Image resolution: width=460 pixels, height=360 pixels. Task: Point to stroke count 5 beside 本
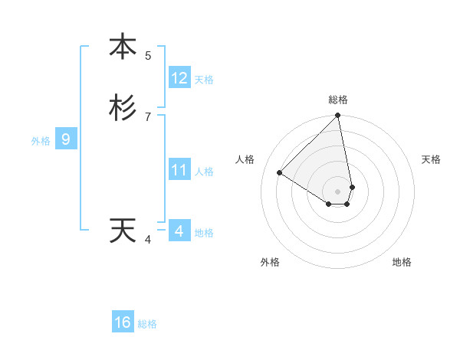point(148,55)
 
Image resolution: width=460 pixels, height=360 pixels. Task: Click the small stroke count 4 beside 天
point(148,240)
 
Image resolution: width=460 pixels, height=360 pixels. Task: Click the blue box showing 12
point(179,78)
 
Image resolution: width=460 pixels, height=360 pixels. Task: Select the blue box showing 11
point(179,170)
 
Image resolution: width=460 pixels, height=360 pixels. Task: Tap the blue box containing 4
point(179,231)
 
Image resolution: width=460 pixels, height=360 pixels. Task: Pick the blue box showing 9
point(66,139)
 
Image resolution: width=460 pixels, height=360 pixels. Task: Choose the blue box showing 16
point(123,322)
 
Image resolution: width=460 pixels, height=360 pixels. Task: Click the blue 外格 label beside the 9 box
point(41,141)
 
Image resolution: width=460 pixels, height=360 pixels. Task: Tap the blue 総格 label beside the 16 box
point(147,324)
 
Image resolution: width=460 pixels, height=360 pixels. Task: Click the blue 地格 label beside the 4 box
point(204,233)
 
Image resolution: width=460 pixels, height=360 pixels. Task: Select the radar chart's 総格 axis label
point(338,100)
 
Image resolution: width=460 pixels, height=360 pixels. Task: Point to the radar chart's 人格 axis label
point(245,159)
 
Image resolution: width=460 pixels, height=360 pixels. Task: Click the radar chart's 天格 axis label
point(431,159)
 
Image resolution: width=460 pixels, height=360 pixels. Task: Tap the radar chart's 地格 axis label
point(402,262)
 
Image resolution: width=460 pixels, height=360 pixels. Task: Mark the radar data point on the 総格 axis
point(338,116)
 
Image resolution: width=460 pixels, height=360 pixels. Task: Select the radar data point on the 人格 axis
point(280,172)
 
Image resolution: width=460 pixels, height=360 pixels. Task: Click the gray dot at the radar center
point(338,191)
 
